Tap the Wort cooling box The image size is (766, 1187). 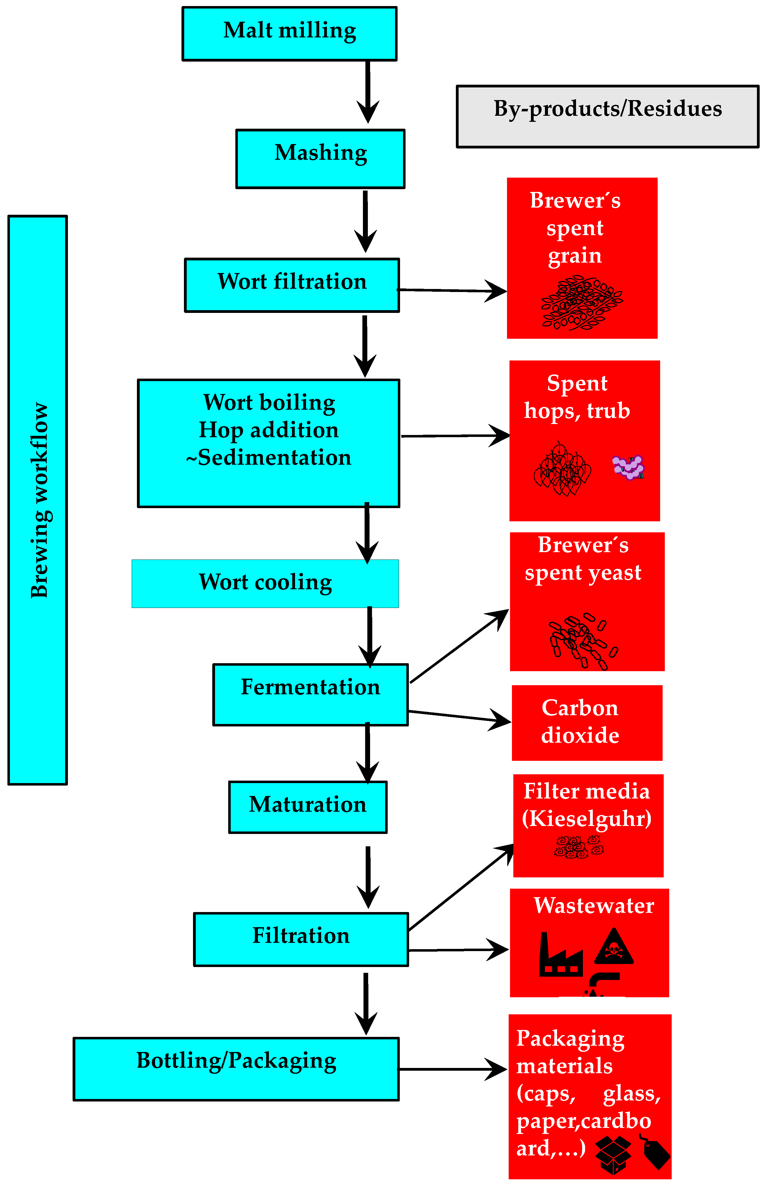[x=265, y=583]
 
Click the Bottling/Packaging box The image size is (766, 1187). [x=236, y=1069]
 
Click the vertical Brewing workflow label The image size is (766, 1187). [x=38, y=500]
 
